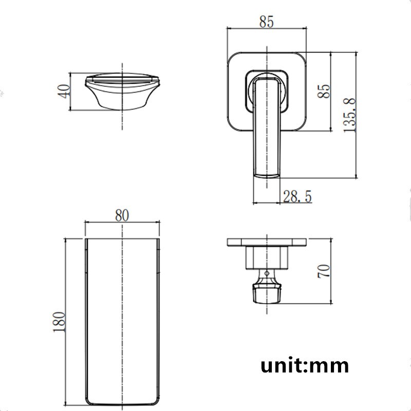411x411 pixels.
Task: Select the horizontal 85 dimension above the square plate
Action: [x=266, y=22]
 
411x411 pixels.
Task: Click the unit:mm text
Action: [x=305, y=365]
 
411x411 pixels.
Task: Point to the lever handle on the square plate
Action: [x=266, y=128]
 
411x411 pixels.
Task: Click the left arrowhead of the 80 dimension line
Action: [x=87, y=222]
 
